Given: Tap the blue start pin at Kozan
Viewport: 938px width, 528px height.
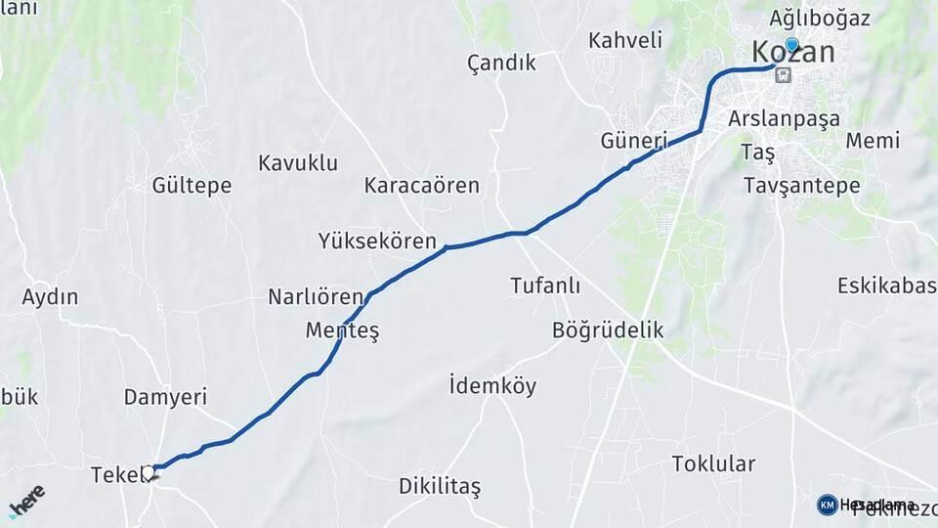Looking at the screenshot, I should coord(791,44).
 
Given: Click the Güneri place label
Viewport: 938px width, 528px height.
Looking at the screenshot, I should coord(634,141).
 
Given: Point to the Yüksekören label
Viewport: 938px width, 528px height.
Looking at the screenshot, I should coord(377,241).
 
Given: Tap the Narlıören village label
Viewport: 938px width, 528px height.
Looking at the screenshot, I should coord(316,297).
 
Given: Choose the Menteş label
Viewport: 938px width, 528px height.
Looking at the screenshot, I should coord(342,330).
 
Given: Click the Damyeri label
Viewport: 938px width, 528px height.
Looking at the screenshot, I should coord(165,397).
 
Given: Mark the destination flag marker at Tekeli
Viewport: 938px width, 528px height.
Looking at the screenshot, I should coord(149,473).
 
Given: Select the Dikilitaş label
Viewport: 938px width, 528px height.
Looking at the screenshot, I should coord(440,486).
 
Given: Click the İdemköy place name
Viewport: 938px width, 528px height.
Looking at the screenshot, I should coord(492,386).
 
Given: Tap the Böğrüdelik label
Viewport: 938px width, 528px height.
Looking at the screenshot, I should coord(608,330).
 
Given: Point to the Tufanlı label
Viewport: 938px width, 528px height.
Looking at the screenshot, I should coord(545,286).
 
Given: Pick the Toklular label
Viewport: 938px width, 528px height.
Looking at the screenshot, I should coord(713,463).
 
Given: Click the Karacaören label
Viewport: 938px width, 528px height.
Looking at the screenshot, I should coord(422,185).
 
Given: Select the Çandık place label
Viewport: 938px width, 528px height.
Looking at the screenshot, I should coord(501,63).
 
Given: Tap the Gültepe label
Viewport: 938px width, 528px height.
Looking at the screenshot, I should coord(192,185).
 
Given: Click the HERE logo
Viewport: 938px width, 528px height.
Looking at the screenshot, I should coord(27,502).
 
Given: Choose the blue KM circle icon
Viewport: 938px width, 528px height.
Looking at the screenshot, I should coord(827,505).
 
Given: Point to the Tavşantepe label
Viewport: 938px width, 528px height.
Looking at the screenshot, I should coord(801,186).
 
